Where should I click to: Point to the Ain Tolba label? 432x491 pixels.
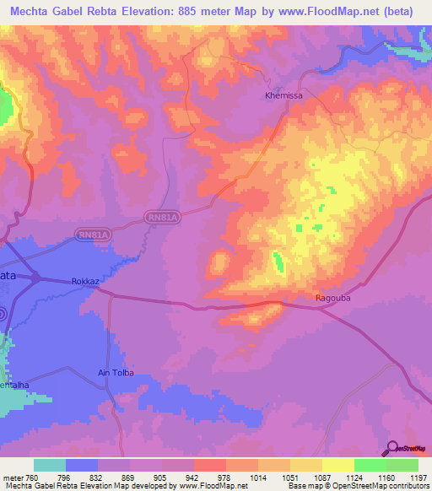[116, 373]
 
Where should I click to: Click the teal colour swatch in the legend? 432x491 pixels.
[50, 464]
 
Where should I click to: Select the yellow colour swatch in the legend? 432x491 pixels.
[338, 464]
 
